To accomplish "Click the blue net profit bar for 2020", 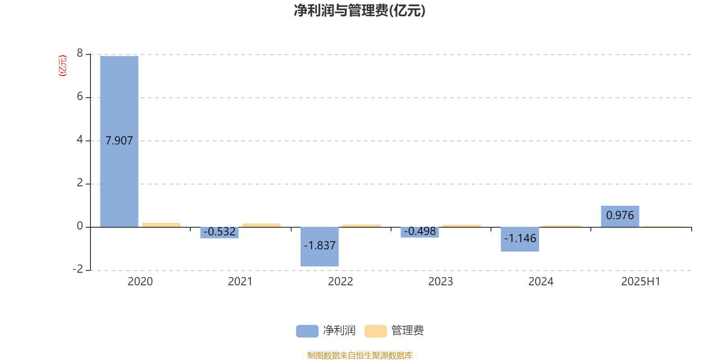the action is point(119,141).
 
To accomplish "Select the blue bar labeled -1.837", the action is point(319,247).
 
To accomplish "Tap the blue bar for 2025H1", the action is point(620,216).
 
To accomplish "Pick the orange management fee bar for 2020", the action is point(162,225).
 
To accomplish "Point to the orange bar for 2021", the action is point(261,225).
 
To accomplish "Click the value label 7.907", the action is point(119,141).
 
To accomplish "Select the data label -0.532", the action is point(220,232).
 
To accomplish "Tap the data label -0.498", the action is point(420,231).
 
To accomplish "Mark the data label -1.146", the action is point(520,238).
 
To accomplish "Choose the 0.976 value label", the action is point(620,216).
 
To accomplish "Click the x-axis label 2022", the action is point(340,282).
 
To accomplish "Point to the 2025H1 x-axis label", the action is point(641,282).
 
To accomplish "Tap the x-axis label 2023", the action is point(441,282).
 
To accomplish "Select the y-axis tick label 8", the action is point(80,53).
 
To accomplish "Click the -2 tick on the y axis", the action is point(78,269).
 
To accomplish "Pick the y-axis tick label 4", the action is point(80,139).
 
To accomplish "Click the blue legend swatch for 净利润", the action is point(307,331).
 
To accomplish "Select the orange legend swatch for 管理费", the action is point(375,331).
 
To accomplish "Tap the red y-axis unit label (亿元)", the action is point(63,66).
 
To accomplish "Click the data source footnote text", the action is point(360,355).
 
